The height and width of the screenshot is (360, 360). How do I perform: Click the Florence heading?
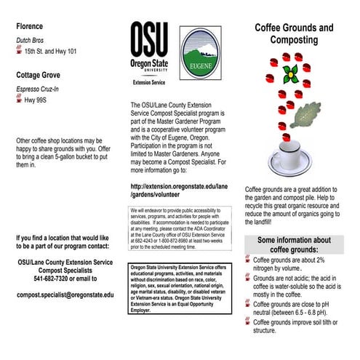pos(32,26)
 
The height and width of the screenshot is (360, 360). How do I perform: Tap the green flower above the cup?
pos(290,73)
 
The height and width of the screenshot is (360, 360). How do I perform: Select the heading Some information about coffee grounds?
pos(294,244)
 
